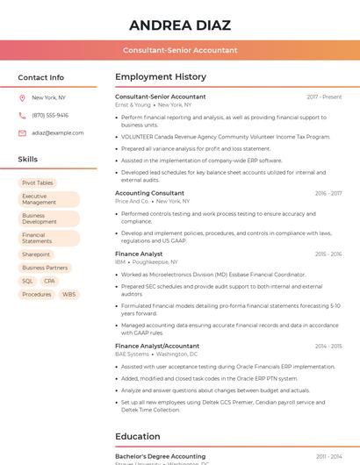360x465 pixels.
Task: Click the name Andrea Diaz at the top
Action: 179,25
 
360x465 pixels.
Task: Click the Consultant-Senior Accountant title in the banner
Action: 179,50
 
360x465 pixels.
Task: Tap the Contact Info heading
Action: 41,77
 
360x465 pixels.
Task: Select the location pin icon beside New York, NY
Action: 22,97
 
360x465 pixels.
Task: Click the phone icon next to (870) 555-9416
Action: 22,115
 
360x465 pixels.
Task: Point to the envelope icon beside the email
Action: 22,132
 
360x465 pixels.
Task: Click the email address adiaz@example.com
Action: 57,132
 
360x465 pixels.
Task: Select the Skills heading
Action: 28,160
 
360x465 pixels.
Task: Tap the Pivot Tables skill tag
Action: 38,182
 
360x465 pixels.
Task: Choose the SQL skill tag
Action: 28,281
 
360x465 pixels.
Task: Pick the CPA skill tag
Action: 49,281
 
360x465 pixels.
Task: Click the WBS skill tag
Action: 69,294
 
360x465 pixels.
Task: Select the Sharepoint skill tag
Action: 36,254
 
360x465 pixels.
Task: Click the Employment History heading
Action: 161,77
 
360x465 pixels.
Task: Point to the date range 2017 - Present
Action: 324,97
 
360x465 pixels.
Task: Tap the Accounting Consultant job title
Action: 149,193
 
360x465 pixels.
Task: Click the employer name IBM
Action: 120,261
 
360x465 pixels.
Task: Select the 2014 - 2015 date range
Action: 328,346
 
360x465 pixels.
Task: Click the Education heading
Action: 138,436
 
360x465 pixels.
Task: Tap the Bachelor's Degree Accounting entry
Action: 160,456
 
